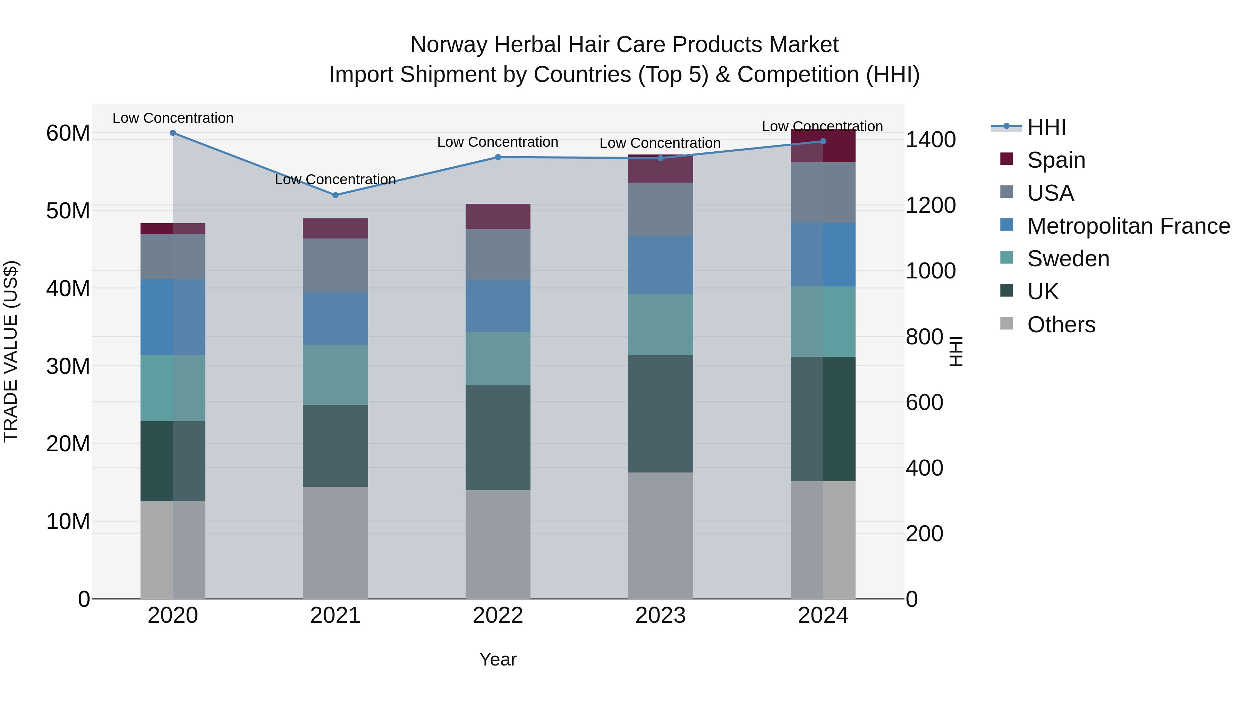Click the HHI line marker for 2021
[x=335, y=195]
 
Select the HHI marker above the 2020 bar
[x=173, y=133]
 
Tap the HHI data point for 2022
[x=498, y=157]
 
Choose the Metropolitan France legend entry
[x=1128, y=226]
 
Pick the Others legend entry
[x=1061, y=325]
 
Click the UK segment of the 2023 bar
[x=660, y=413]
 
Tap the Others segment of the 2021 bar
[x=335, y=542]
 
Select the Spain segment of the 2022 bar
[x=498, y=216]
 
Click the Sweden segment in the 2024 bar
[x=823, y=322]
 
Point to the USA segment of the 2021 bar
[x=335, y=265]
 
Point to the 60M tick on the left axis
[x=68, y=133]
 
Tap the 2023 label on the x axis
[x=660, y=616]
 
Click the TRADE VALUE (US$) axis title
[x=11, y=351]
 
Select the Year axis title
[x=498, y=659]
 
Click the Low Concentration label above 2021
[x=335, y=179]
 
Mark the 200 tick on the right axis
[x=924, y=534]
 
